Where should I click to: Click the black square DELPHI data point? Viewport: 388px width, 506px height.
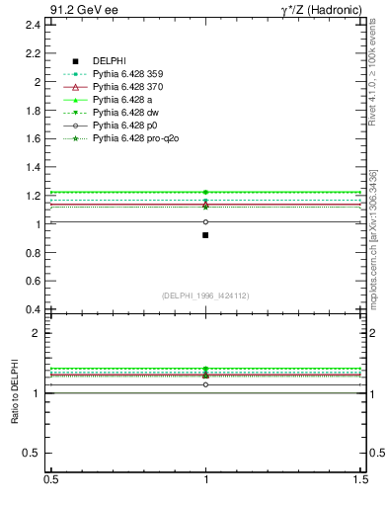point(205,235)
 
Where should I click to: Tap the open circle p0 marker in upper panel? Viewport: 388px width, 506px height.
point(205,221)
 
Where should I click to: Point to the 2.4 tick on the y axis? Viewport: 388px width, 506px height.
point(32,25)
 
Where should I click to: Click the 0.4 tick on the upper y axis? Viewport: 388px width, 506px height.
point(32,309)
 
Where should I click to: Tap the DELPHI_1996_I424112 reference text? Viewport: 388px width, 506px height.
point(205,295)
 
